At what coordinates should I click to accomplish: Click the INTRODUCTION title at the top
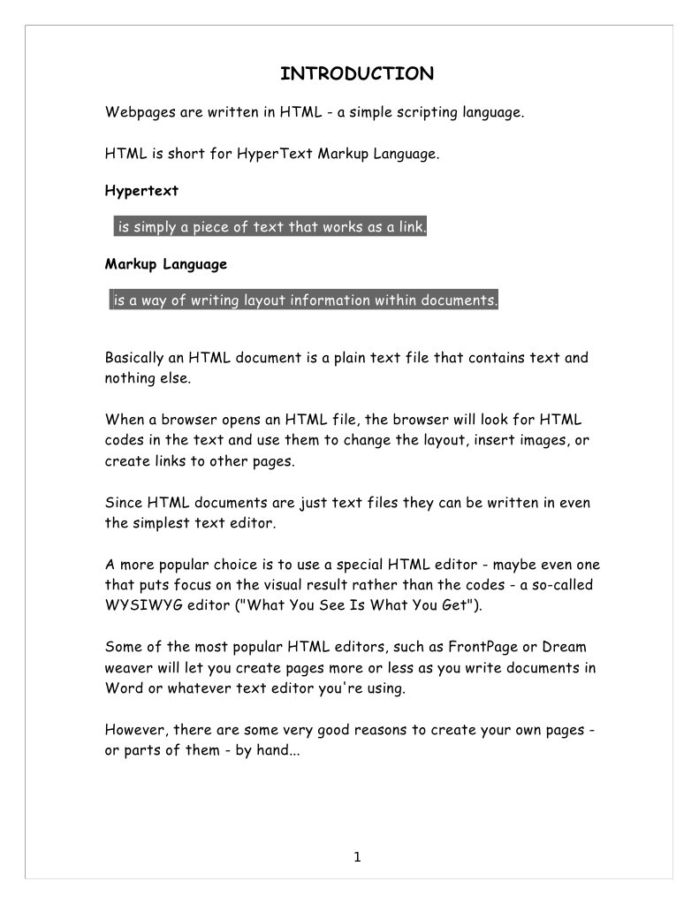356,73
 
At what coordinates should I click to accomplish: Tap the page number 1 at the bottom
357,855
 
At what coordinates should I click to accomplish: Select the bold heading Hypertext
141,190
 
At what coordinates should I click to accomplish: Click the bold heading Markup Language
166,264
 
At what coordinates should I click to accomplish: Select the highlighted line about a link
272,228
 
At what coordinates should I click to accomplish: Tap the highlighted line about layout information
305,301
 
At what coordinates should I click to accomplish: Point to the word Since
124,503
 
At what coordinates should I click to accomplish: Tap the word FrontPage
475,646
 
